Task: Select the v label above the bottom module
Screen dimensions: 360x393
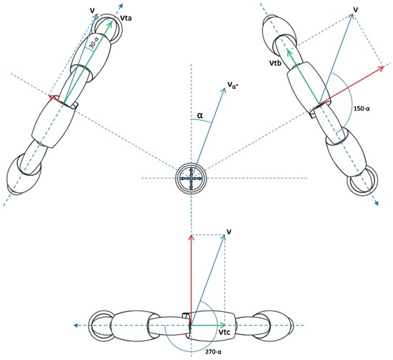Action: (228, 231)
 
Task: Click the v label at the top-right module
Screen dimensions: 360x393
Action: (355, 9)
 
